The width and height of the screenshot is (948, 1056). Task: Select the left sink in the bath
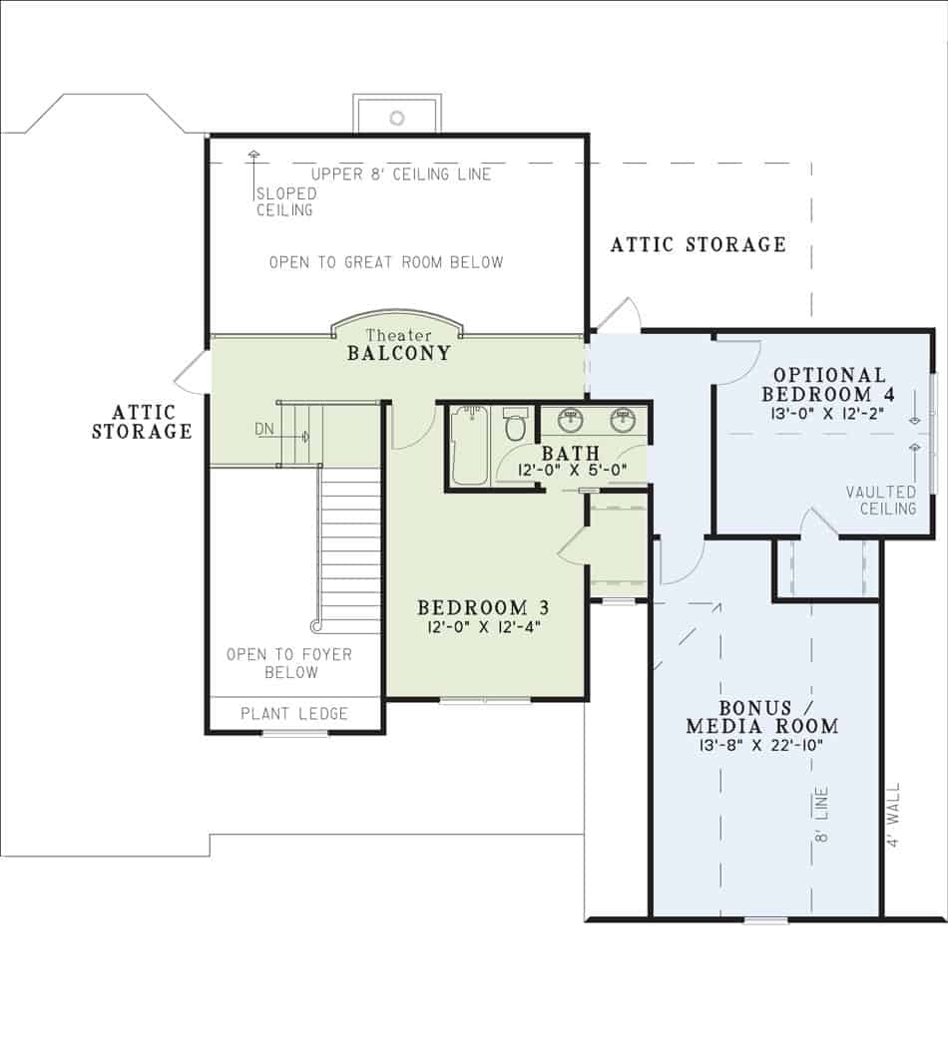point(571,420)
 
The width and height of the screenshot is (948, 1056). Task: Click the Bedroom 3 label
point(483,607)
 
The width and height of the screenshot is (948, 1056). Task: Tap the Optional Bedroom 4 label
point(829,384)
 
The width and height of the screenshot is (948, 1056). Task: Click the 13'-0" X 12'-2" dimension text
point(829,412)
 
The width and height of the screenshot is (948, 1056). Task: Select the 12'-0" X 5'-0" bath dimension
point(571,471)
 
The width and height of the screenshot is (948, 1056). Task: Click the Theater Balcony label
point(398,345)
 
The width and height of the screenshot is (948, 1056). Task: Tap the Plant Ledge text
point(294,713)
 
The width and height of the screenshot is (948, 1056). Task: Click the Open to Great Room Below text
point(386,262)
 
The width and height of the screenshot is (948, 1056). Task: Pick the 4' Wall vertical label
point(893,815)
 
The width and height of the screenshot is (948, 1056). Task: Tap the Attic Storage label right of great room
point(698,244)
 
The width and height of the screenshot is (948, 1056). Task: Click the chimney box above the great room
point(396,115)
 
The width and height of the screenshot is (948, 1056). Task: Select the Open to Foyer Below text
point(290,663)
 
